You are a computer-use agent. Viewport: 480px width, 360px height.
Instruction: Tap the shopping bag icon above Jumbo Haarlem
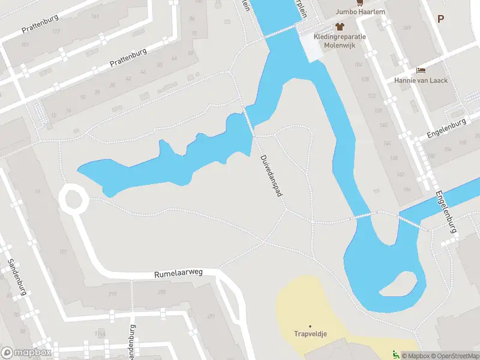[x=360, y=2]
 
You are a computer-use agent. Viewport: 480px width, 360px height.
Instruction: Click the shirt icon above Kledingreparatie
[x=341, y=26]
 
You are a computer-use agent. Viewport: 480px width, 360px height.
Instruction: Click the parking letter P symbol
[x=440, y=19]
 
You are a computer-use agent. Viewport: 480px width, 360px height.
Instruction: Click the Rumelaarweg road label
[x=178, y=273]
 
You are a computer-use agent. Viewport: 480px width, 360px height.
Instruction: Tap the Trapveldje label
[x=310, y=334]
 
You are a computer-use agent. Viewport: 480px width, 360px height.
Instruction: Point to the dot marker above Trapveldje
[x=310, y=325]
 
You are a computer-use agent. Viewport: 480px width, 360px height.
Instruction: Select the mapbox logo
[x=25, y=352]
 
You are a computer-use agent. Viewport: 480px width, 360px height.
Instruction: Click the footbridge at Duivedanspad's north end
[x=248, y=122]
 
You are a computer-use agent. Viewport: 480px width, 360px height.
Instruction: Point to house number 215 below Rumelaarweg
[x=112, y=293]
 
